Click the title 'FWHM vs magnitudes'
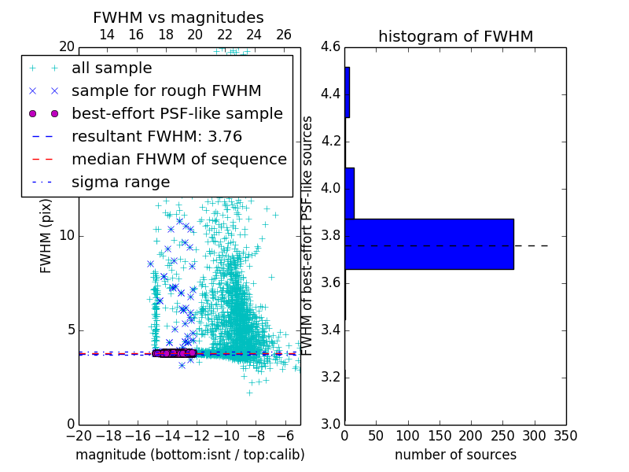(x=178, y=17)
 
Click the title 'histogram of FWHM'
(x=455, y=36)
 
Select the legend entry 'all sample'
(x=112, y=68)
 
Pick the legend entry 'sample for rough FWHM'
(x=166, y=91)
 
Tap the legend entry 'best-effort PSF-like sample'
(x=177, y=114)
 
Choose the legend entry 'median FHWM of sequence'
(x=178, y=160)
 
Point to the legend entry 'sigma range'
(x=120, y=183)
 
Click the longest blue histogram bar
(x=429, y=244)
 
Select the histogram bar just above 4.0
(x=349, y=193)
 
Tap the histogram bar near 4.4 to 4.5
(x=347, y=92)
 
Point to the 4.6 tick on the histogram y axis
(x=331, y=47)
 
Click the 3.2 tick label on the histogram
(x=331, y=377)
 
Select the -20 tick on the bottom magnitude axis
(x=79, y=435)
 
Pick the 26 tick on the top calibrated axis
(x=284, y=35)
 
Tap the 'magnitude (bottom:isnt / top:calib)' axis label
(x=189, y=455)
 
